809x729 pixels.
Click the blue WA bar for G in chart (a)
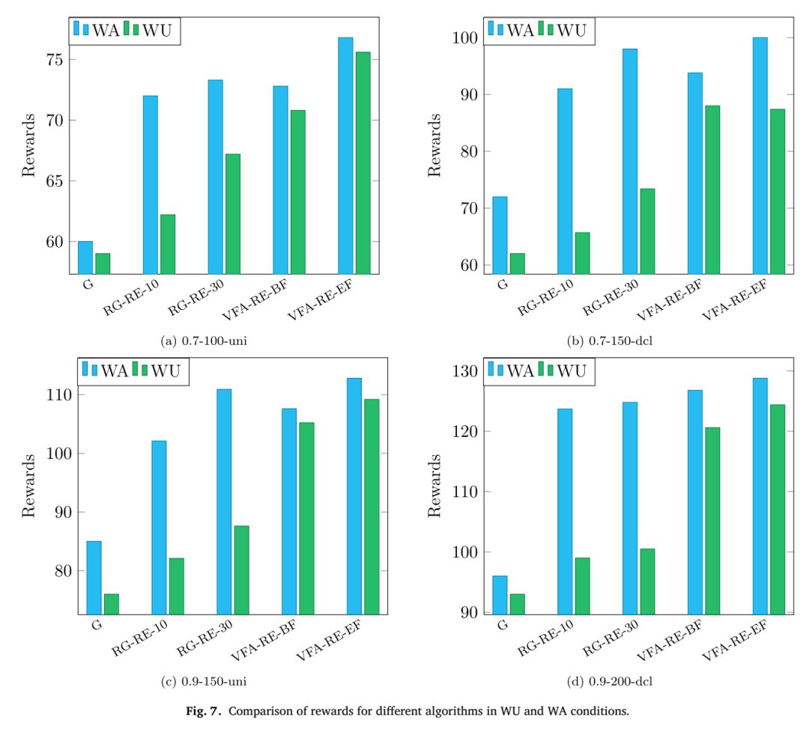(x=85, y=257)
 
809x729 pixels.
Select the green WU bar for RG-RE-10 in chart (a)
(x=168, y=244)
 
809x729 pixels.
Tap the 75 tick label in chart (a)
(x=54, y=60)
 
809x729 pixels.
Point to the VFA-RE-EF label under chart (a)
(x=320, y=299)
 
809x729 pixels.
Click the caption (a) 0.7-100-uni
(x=204, y=341)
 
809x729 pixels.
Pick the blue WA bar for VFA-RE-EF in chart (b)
(x=760, y=155)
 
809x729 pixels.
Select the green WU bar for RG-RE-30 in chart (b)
(x=647, y=231)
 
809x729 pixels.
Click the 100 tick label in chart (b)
(x=465, y=37)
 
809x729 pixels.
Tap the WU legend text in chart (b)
(x=572, y=31)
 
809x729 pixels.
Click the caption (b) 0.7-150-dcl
(x=610, y=341)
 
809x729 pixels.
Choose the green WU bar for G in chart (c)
(x=112, y=604)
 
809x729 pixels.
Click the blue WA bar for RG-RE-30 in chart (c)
(x=224, y=501)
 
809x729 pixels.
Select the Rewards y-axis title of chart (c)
(x=28, y=486)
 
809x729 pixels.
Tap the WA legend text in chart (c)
(x=115, y=370)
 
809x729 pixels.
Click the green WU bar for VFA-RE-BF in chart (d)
(x=712, y=521)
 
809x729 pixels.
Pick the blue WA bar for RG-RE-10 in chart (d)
(x=565, y=511)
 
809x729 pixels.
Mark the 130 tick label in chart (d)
(x=465, y=371)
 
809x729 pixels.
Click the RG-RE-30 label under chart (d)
(x=611, y=638)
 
